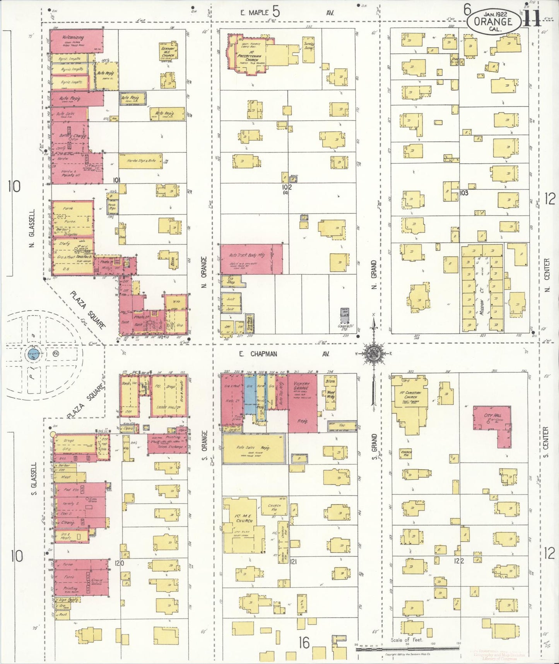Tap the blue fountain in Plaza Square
32,354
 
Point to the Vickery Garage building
302,403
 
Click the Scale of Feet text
407,640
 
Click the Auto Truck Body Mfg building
251,259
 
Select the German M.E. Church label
168,52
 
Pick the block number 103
464,193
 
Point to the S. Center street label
546,442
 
